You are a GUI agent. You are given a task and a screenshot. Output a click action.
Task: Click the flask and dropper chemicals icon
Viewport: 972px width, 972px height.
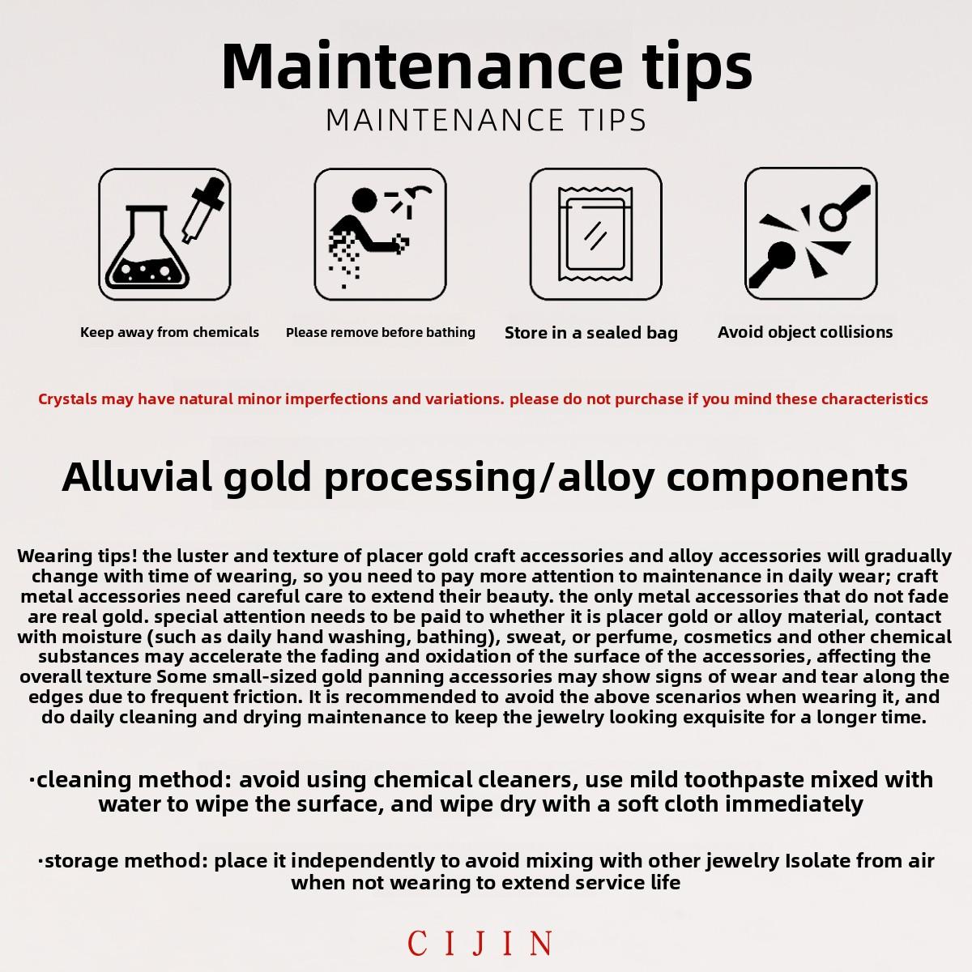coord(164,234)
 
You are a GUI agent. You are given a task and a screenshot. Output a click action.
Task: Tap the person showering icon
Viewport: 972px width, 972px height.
coord(381,234)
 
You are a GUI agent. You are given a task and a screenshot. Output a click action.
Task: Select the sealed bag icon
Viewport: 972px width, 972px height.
coord(595,234)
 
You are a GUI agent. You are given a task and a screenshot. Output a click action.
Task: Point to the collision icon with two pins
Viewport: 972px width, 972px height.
coord(811,234)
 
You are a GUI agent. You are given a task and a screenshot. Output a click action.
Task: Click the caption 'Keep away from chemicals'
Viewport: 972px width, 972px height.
coord(169,332)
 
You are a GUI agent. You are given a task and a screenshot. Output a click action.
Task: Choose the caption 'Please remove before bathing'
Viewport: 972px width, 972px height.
coord(381,332)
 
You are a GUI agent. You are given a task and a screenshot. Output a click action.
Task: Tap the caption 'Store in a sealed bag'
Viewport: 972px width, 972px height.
coord(591,333)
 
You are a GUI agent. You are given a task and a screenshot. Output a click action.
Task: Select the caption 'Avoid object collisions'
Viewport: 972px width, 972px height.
coord(805,332)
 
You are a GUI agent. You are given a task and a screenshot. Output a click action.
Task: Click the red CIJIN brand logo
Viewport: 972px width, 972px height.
coord(480,943)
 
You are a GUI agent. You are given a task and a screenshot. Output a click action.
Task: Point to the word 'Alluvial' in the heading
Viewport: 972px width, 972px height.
coord(137,476)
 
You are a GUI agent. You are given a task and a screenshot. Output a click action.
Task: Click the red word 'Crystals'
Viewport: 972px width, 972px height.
coord(67,399)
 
